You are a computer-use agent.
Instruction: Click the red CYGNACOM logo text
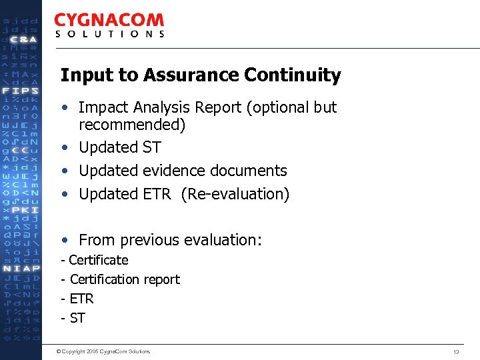tap(109, 21)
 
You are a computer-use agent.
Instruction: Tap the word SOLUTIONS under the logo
tap(109, 34)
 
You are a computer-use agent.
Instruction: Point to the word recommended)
tap(132, 125)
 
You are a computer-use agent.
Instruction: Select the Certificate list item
tap(98, 260)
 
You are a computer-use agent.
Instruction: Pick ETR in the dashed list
tap(81, 299)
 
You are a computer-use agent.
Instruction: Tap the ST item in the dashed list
tap(77, 318)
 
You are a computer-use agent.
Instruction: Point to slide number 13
tap(456, 351)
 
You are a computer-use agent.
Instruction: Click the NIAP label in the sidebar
tap(21, 269)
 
